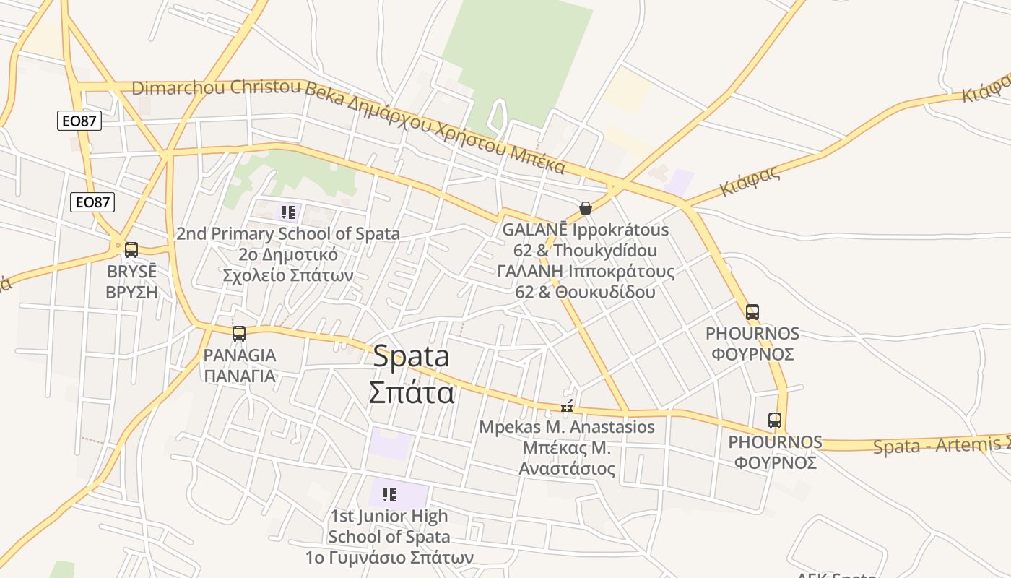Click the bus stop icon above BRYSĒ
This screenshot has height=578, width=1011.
click(x=131, y=250)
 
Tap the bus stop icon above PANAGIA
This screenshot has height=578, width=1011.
click(x=239, y=334)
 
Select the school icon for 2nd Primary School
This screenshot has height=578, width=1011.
click(x=288, y=212)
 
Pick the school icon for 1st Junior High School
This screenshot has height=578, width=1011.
click(x=389, y=495)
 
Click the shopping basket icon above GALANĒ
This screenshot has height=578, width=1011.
click(x=586, y=208)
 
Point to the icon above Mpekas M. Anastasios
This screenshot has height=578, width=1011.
click(x=567, y=407)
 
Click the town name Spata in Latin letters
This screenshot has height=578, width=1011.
click(x=411, y=357)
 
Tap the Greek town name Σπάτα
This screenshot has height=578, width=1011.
click(x=411, y=392)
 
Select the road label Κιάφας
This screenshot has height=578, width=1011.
click(x=751, y=181)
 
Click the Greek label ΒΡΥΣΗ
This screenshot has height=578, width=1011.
click(x=131, y=292)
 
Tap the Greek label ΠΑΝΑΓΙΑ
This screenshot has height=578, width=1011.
click(x=239, y=376)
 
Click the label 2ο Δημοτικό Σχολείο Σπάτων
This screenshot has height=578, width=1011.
click(x=287, y=265)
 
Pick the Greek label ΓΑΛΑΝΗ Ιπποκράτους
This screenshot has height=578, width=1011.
click(x=586, y=272)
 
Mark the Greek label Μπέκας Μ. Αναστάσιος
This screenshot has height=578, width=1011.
click(x=567, y=458)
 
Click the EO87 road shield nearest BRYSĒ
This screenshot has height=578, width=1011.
click(x=92, y=202)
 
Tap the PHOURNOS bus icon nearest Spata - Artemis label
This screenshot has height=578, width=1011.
click(x=775, y=420)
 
